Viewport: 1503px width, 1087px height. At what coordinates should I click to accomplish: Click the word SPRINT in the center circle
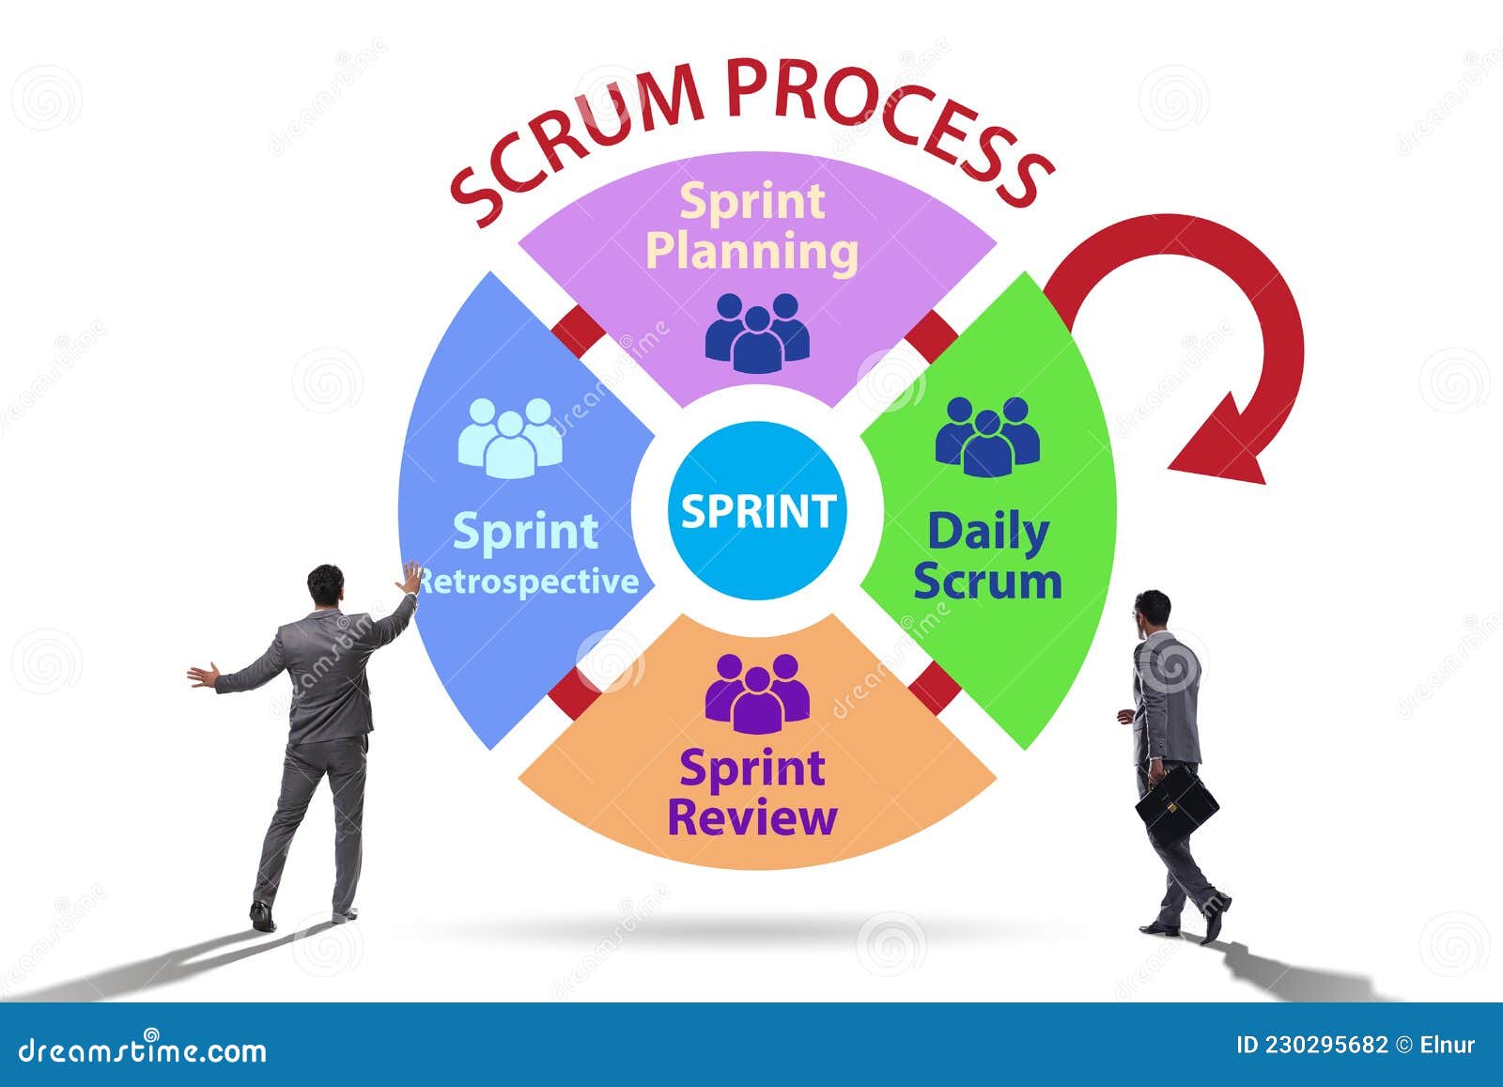click(757, 511)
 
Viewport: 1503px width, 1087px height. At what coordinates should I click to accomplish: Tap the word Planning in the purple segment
click(753, 253)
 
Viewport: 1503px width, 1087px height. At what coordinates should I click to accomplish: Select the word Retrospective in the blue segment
click(528, 582)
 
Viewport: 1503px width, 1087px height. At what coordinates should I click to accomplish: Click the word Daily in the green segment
click(987, 533)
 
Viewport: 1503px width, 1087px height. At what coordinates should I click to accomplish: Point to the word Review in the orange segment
click(751, 817)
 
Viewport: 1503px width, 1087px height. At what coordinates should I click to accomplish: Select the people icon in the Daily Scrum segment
click(987, 436)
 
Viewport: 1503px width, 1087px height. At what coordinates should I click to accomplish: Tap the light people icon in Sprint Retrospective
click(510, 436)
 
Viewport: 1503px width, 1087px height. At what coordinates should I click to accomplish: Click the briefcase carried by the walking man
click(1176, 806)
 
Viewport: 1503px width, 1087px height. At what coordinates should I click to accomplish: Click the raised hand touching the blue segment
click(411, 579)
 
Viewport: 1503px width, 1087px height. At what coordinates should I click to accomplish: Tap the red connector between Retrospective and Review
click(574, 692)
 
